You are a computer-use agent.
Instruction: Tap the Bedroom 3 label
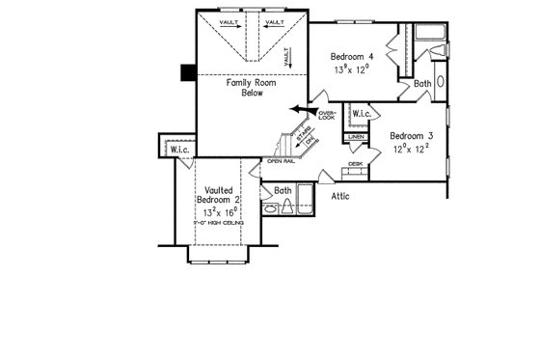(411, 136)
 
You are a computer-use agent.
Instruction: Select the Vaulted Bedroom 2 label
(220, 189)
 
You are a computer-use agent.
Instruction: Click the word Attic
(341, 196)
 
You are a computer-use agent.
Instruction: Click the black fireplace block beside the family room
(187, 73)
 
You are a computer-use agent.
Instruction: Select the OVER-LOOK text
(326, 117)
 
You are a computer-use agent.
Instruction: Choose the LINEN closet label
(356, 138)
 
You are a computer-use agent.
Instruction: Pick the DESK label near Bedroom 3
(355, 164)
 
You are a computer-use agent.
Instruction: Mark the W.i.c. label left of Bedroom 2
(180, 150)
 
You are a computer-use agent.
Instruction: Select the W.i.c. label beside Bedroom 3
(362, 115)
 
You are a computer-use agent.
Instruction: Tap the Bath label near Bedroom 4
(422, 84)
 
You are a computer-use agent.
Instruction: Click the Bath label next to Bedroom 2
(283, 190)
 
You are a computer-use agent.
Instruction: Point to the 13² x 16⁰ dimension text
(221, 210)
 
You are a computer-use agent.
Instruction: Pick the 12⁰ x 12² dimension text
(411, 150)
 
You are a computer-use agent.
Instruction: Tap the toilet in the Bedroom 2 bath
(270, 207)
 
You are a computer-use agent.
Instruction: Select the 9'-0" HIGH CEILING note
(221, 223)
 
